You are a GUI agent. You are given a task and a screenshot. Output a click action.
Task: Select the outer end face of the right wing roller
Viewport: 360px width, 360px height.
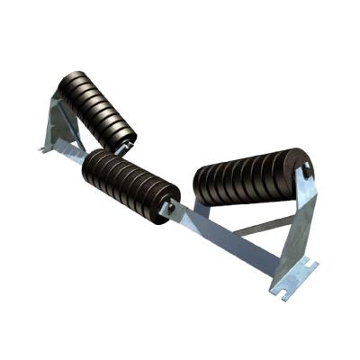click(305, 170)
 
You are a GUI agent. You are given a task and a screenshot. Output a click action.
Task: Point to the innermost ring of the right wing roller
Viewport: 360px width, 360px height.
click(203, 187)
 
